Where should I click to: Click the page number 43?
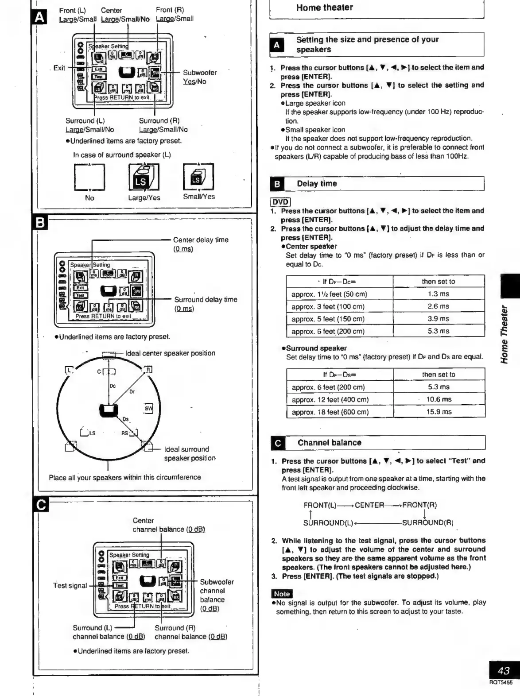pyautogui.click(x=504, y=670)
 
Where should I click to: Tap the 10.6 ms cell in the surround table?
pyautogui.click(x=439, y=399)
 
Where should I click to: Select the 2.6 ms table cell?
pyautogui.click(x=438, y=306)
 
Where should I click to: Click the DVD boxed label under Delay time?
pyautogui.click(x=280, y=202)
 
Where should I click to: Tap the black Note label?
pyautogui.click(x=282, y=594)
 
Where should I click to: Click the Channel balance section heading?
pyautogui.click(x=329, y=443)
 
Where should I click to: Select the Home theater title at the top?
pyautogui.click(x=324, y=8)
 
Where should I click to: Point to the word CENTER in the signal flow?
pyautogui.click(x=369, y=505)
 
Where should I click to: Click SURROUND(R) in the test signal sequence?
pyautogui.click(x=427, y=522)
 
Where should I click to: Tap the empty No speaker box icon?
pyautogui.click(x=89, y=177)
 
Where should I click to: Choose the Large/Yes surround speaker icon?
pyautogui.click(x=144, y=177)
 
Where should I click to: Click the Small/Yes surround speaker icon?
pyautogui.click(x=198, y=176)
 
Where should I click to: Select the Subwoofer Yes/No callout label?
pyautogui.click(x=199, y=77)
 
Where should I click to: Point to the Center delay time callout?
pyautogui.click(x=201, y=244)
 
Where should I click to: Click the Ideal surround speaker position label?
pyautogui.click(x=190, y=454)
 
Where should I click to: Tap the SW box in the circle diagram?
pyautogui.click(x=148, y=409)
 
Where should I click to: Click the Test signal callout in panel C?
pyautogui.click(x=70, y=585)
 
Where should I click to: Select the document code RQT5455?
pyautogui.click(x=501, y=683)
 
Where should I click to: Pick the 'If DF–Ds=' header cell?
pyautogui.click(x=339, y=375)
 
